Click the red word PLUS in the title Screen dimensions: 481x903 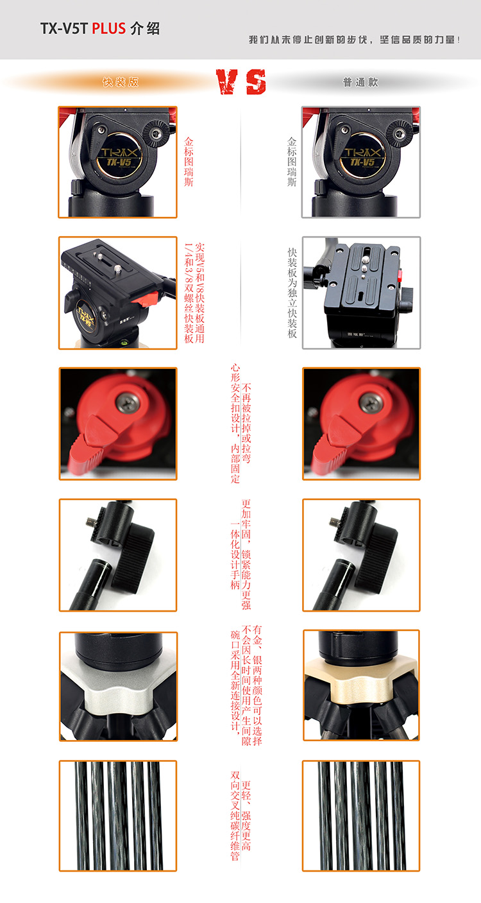pyautogui.click(x=109, y=29)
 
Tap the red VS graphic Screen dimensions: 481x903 pyautogui.click(x=241, y=82)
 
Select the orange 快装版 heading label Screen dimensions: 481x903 pyautogui.click(x=121, y=82)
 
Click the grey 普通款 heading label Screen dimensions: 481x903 pyautogui.click(x=360, y=82)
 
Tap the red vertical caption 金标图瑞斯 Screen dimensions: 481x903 pyautogui.click(x=189, y=162)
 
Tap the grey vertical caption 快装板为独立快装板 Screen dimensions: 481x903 pyautogui.click(x=292, y=293)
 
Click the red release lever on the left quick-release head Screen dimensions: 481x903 pyautogui.click(x=144, y=298)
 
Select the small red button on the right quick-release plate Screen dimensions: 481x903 pyautogui.click(x=400, y=276)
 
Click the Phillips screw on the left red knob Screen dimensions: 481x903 pyautogui.click(x=128, y=402)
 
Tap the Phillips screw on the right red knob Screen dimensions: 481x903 pyautogui.click(x=371, y=402)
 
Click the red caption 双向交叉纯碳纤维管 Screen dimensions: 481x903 pyautogui.click(x=235, y=816)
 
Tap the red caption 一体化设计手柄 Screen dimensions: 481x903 pyautogui.click(x=235, y=556)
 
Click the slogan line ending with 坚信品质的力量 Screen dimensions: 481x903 pyautogui.click(x=355, y=40)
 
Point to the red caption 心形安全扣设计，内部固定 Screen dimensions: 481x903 pyautogui.click(x=235, y=424)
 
